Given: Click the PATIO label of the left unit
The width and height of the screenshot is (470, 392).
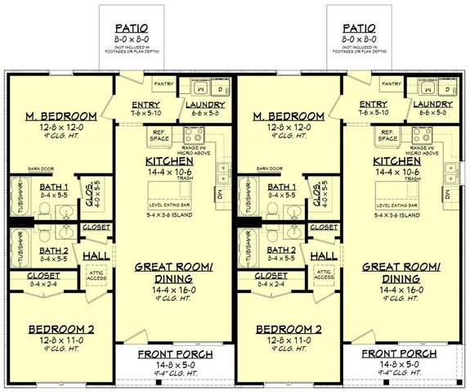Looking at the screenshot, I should click(x=132, y=26).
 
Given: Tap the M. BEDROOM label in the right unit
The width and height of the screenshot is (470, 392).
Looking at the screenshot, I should click(x=290, y=115).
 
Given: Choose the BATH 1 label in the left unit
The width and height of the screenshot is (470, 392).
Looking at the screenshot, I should click(x=53, y=187).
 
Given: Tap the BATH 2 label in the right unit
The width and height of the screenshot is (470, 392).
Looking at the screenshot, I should click(x=281, y=250).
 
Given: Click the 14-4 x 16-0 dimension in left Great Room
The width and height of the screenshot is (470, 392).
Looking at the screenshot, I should click(x=173, y=291).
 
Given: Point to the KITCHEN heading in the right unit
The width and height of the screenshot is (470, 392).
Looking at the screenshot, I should click(x=397, y=161).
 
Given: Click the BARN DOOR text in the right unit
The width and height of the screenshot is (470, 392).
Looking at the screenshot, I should click(x=269, y=169).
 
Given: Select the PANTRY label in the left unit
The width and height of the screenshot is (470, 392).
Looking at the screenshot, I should click(x=164, y=83).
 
